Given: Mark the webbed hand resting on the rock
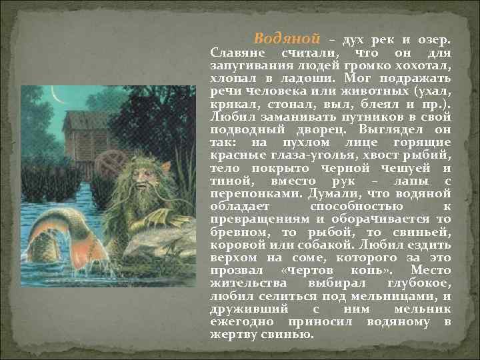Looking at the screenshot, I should pos(159,217).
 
